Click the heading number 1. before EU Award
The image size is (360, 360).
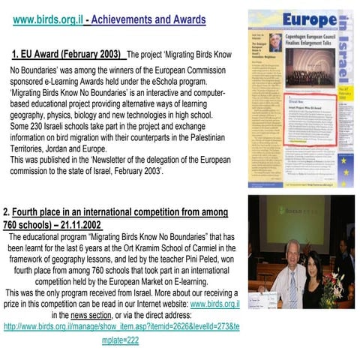(16, 55)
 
